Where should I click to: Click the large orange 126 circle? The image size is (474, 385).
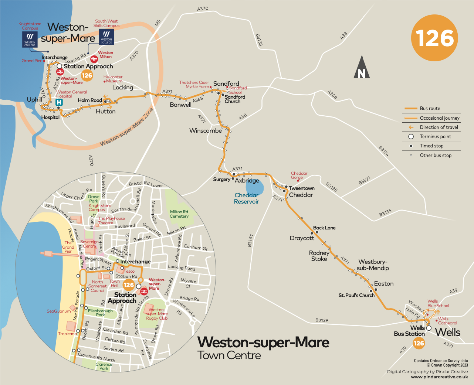(434, 38)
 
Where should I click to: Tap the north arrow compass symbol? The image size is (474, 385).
(362, 68)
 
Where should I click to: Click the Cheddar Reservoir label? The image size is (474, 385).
(246, 198)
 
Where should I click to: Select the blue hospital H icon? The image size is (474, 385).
(59, 102)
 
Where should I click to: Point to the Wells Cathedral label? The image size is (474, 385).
(447, 321)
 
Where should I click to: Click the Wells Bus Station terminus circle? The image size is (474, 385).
(429, 328)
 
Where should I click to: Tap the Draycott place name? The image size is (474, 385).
(302, 238)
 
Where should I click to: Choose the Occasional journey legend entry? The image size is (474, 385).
(439, 118)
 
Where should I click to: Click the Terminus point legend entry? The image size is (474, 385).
(435, 137)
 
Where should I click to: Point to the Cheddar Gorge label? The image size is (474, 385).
(299, 175)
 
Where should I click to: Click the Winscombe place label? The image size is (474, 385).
(206, 131)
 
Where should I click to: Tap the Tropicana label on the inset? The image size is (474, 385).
(67, 334)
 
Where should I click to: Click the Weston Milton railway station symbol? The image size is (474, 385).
(94, 58)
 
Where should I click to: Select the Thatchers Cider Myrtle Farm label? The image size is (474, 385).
(194, 85)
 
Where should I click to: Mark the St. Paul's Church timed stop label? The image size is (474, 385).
(356, 295)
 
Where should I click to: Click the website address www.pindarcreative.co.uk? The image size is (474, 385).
(439, 377)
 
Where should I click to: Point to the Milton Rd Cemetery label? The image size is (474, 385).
(179, 214)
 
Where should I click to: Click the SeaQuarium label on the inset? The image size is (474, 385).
(58, 311)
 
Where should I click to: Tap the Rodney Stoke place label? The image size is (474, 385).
(319, 256)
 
